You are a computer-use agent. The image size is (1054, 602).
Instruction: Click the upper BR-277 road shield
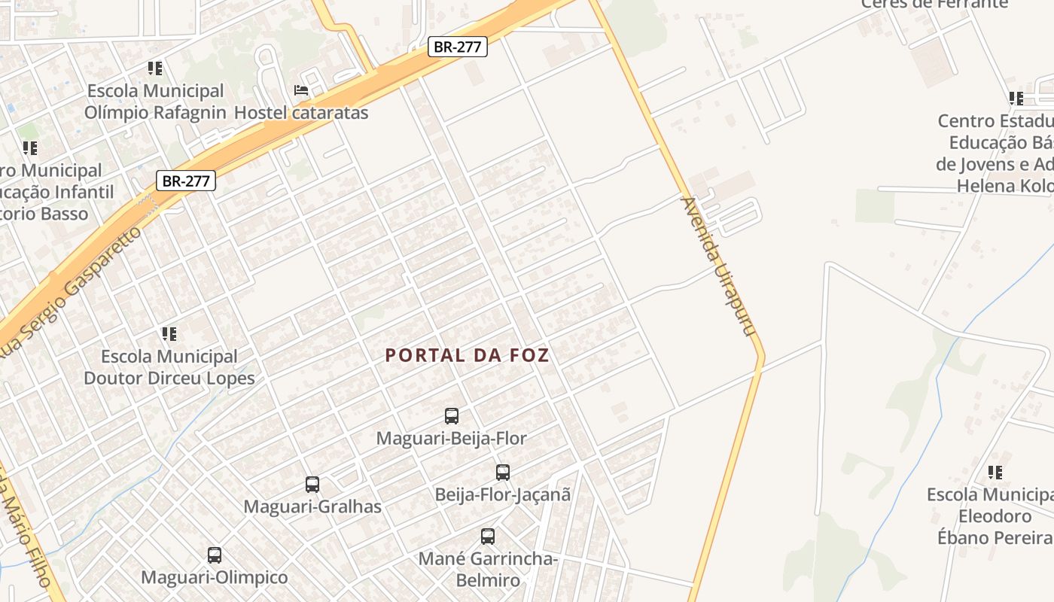pyautogui.click(x=458, y=47)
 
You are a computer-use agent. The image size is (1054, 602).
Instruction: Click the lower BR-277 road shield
pyautogui.click(x=186, y=181)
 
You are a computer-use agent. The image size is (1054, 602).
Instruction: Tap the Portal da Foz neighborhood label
pyautogui.click(x=467, y=356)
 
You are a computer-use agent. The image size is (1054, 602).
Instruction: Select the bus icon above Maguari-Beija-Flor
pyautogui.click(x=452, y=416)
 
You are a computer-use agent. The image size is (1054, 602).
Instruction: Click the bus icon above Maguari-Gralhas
pyautogui.click(x=312, y=485)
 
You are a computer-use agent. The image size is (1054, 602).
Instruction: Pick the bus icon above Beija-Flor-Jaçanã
pyautogui.click(x=503, y=473)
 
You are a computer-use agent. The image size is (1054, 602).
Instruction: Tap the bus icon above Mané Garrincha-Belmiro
pyautogui.click(x=488, y=537)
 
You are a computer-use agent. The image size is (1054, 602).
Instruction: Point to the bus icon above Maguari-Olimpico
pyautogui.click(x=215, y=555)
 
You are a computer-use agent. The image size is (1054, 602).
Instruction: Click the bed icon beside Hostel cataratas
pyautogui.click(x=301, y=90)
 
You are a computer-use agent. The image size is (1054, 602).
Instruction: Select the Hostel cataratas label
pyautogui.click(x=301, y=113)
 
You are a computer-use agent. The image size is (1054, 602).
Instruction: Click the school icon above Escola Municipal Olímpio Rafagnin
pyautogui.click(x=155, y=68)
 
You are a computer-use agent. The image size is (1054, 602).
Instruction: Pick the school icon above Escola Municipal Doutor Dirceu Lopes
pyautogui.click(x=169, y=333)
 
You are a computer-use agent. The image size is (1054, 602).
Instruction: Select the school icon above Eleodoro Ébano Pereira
pyautogui.click(x=995, y=473)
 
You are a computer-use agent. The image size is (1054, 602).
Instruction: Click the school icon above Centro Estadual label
pyautogui.click(x=1016, y=98)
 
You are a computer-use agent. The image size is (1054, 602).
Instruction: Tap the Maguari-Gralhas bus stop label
pyautogui.click(x=312, y=506)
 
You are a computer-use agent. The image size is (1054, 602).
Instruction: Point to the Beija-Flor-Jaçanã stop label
pyautogui.click(x=503, y=494)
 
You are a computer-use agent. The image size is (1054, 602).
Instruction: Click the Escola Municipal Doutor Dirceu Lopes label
pyautogui.click(x=169, y=367)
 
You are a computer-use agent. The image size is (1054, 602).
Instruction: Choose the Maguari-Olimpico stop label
pyautogui.click(x=215, y=578)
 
